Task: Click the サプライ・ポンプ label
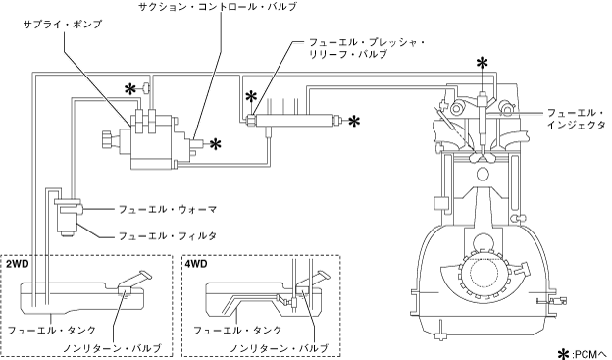[x=62, y=25]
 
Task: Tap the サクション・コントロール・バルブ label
[x=218, y=7]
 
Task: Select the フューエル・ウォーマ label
[x=168, y=210]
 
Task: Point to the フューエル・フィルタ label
[x=168, y=236]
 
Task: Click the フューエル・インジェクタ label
[x=577, y=119]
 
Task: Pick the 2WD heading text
[x=18, y=264]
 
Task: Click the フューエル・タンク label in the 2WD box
[x=52, y=331]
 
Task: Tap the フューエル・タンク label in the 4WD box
[x=237, y=331]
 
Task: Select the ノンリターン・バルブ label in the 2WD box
[x=112, y=348]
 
